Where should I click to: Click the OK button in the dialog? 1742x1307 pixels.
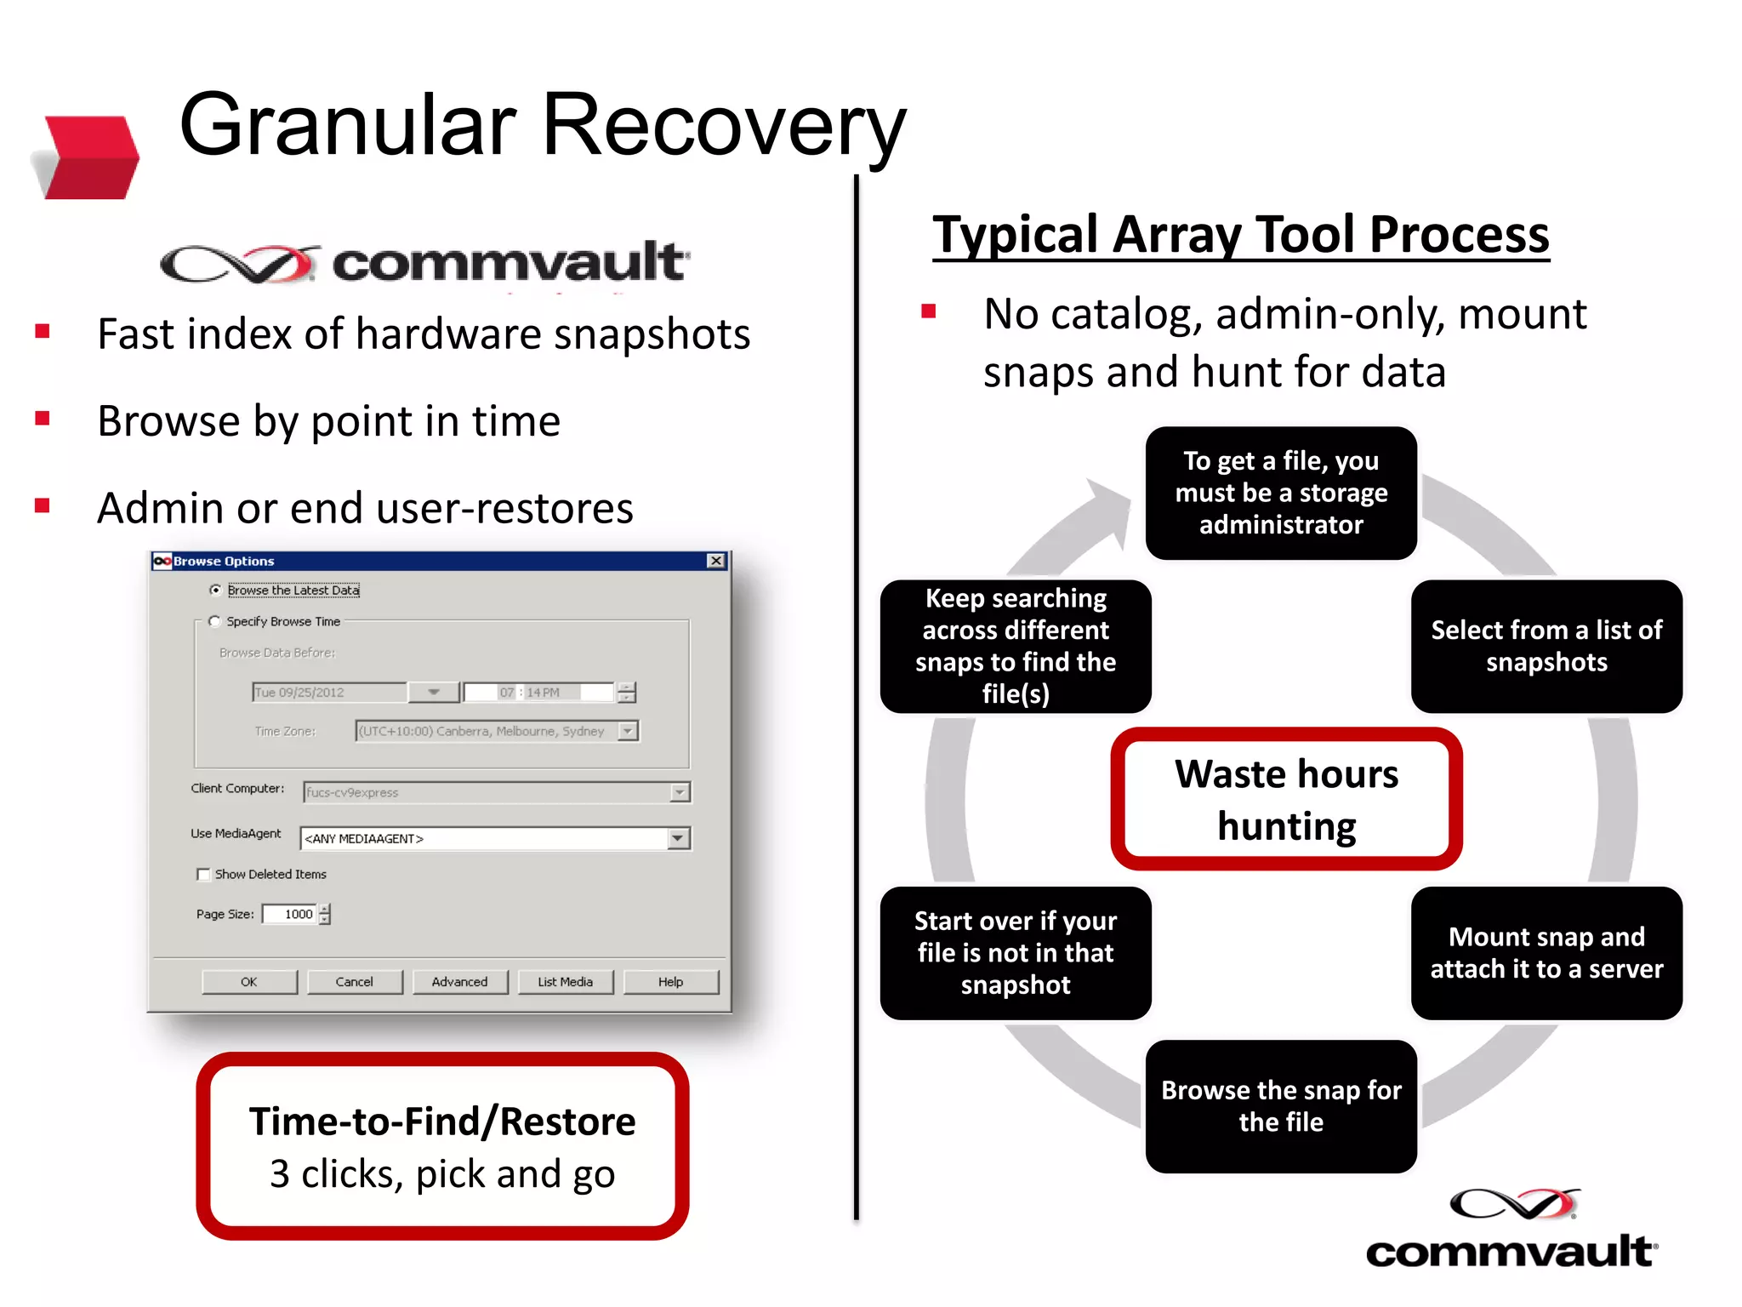click(249, 982)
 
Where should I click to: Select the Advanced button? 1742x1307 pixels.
click(459, 982)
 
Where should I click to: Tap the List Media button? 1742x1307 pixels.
click(565, 982)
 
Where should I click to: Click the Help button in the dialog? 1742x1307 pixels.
click(670, 982)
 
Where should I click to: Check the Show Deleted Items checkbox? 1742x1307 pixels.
click(203, 874)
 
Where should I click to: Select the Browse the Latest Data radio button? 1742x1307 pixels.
click(216, 590)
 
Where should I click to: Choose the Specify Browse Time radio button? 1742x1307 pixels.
click(215, 621)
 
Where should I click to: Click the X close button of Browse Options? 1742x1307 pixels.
click(716, 561)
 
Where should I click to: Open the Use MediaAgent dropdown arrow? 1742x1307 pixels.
click(678, 838)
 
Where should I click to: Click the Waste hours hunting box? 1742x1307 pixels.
click(1286, 799)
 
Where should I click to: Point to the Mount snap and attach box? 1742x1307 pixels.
click(1546, 953)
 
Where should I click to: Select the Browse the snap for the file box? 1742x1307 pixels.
click(1281, 1105)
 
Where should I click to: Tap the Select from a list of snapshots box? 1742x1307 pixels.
click(1546, 646)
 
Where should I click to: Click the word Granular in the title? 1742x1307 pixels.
click(347, 126)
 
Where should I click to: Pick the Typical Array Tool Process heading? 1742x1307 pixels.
click(1240, 235)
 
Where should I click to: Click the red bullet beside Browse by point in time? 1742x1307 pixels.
click(43, 418)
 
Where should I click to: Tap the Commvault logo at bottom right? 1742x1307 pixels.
click(1511, 1230)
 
